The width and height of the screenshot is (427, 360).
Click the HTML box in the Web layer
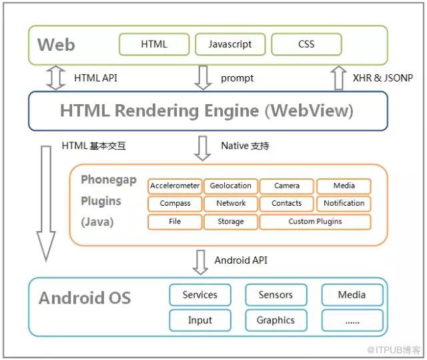tap(154, 44)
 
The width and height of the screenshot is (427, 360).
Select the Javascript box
tap(230, 44)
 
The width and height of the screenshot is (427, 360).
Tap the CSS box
tap(307, 44)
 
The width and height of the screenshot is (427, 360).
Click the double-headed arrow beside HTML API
tap(56, 77)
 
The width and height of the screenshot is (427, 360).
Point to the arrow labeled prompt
tap(203, 77)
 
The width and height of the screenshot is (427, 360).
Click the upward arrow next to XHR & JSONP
tap(338, 77)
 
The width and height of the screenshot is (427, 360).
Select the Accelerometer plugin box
tap(175, 186)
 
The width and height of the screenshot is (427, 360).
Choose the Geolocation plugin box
tap(231, 186)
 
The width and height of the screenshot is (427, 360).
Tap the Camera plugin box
tap(287, 186)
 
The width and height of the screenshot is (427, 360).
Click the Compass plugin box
tap(175, 204)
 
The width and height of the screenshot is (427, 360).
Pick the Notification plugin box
tap(344, 204)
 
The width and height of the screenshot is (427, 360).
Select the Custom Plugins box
tap(316, 222)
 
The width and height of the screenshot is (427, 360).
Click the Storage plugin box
tap(231, 222)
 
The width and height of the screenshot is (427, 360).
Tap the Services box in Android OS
tap(200, 295)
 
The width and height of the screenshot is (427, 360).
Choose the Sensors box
tap(276, 295)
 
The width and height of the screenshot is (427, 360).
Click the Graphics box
tap(276, 321)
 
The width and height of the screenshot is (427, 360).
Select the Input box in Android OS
tap(200, 321)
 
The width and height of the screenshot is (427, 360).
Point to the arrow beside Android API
tap(200, 262)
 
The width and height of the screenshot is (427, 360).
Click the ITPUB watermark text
tap(394, 350)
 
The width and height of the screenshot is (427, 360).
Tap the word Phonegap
tap(109, 180)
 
